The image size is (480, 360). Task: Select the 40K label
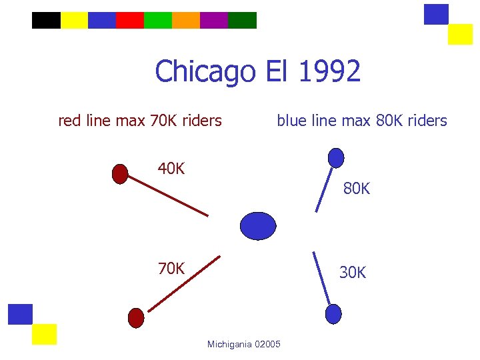click(171, 169)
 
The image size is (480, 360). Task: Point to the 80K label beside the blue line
click(357, 189)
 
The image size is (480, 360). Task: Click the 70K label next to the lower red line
click(171, 269)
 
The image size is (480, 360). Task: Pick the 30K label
click(353, 273)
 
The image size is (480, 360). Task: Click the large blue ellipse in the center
click(258, 226)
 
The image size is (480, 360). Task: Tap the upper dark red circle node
click(120, 173)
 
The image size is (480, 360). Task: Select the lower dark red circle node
click(136, 317)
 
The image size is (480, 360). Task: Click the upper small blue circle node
click(337, 157)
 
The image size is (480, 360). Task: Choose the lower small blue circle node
click(333, 313)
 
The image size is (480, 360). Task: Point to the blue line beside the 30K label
click(321, 277)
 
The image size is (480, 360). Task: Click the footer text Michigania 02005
click(244, 344)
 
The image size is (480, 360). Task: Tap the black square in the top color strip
click(46, 21)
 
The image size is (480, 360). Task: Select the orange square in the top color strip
click(186, 21)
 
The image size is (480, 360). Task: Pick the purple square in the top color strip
click(214, 21)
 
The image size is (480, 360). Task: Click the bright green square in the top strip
click(158, 21)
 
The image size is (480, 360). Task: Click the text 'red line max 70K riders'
click(140, 121)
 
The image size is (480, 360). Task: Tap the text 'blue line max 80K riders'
click(362, 121)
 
